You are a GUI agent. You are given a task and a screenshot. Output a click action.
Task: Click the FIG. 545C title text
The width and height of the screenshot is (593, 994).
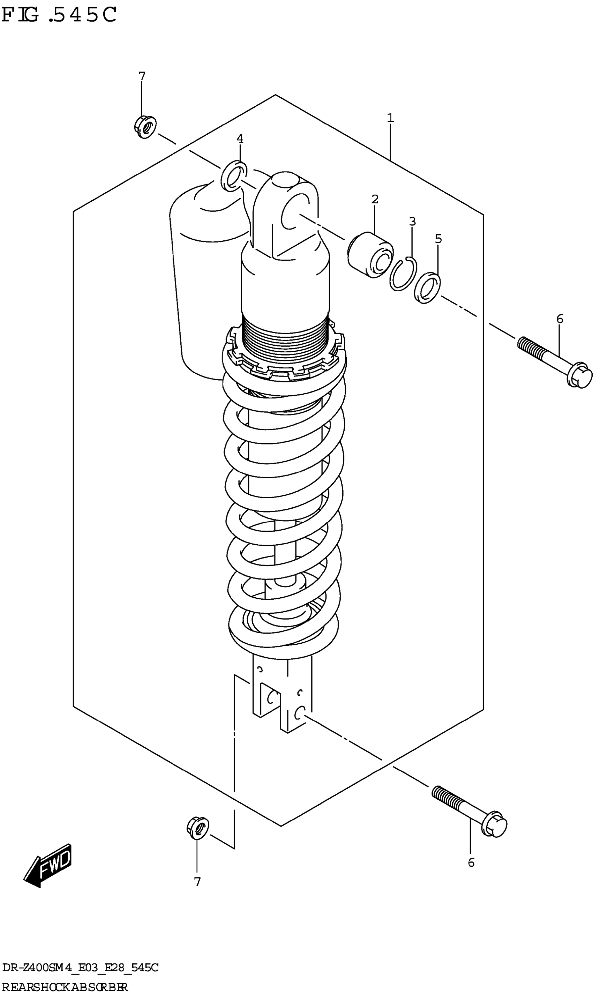tap(59, 15)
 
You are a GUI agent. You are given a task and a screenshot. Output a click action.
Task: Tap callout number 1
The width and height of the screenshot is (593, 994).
tap(390, 118)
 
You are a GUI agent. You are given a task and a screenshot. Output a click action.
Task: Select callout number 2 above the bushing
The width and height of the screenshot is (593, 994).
tap(375, 199)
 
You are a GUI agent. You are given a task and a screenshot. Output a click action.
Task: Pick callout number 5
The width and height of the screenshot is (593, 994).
tap(438, 239)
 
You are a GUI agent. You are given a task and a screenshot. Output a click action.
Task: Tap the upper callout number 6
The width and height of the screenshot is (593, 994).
tap(560, 319)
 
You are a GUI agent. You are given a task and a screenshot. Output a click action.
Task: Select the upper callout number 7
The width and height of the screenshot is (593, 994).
tap(142, 76)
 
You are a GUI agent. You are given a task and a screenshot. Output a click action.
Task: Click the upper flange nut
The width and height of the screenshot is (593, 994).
tap(145, 127)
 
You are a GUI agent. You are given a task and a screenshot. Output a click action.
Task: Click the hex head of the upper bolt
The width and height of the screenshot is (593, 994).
tap(579, 375)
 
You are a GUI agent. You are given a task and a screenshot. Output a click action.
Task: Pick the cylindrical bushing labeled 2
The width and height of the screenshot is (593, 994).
tap(370, 255)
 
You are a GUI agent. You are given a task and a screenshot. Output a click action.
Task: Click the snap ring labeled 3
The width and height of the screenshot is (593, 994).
tap(403, 274)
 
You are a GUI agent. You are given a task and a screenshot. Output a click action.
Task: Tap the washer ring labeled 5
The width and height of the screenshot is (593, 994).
tap(427, 287)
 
